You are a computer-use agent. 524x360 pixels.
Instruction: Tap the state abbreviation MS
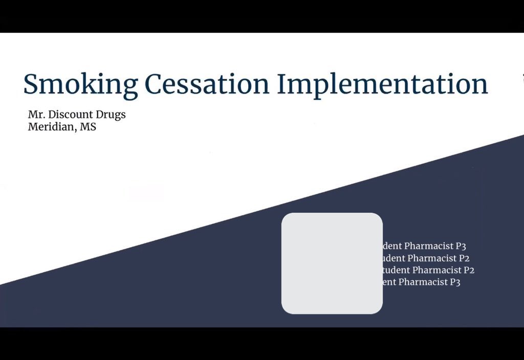click(x=88, y=127)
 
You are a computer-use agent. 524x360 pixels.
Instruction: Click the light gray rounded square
click(x=332, y=263)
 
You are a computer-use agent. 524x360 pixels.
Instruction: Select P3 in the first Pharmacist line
click(x=461, y=246)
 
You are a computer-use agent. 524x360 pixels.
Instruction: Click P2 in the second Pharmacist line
click(x=464, y=258)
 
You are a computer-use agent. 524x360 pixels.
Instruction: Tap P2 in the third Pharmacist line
click(x=469, y=270)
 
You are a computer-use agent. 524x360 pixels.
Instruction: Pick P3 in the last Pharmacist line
click(x=455, y=282)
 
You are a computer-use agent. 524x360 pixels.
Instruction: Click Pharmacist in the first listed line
click(x=428, y=246)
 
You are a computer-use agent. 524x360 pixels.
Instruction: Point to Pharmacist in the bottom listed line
click(x=423, y=282)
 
